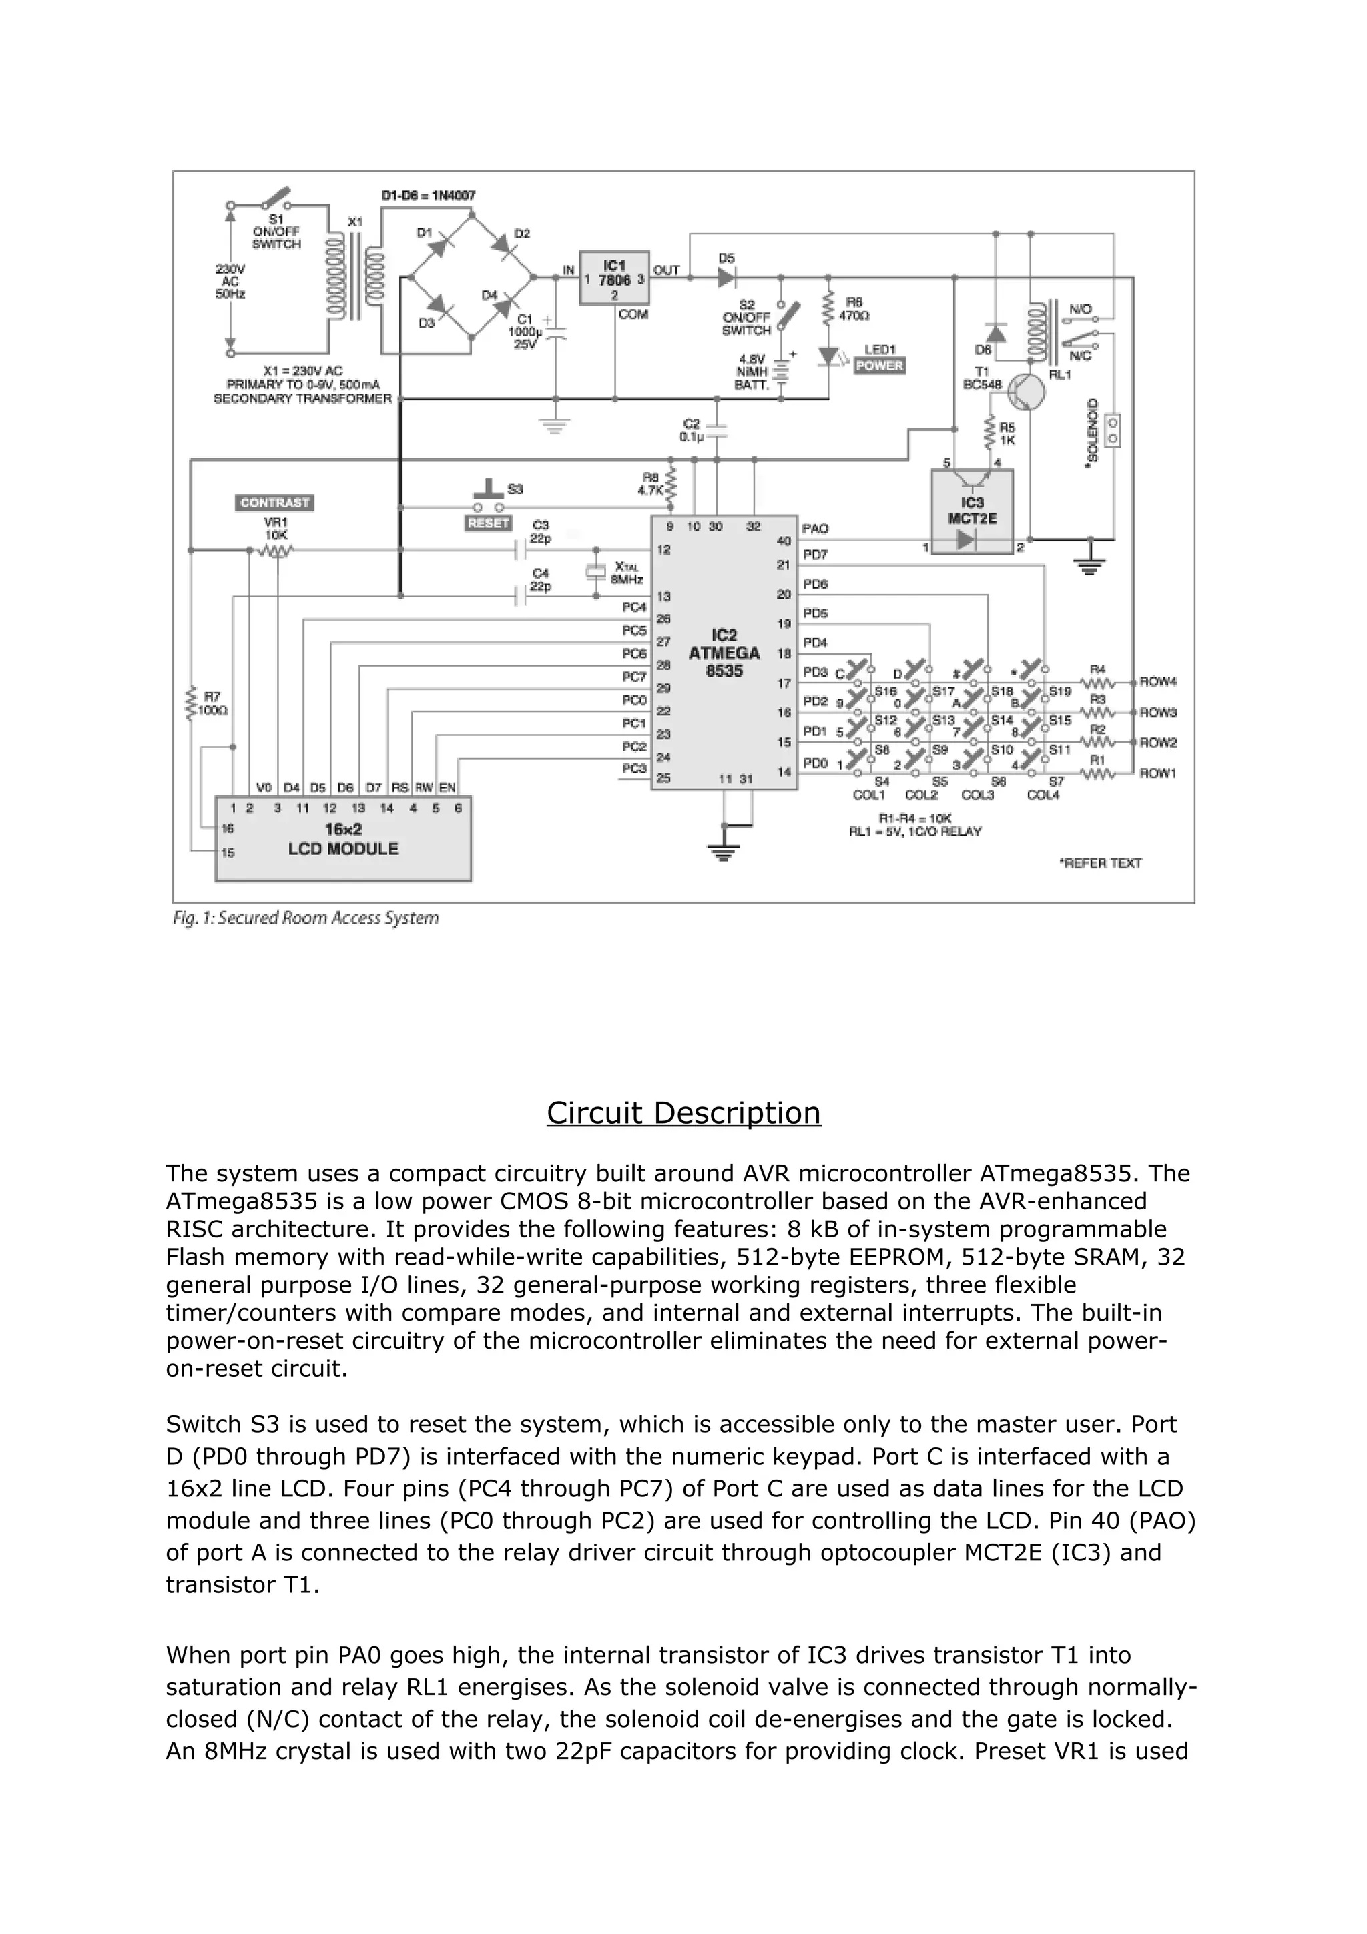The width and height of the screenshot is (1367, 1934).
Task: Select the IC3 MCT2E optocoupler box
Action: coord(972,511)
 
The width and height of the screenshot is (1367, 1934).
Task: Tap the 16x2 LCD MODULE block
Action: coord(343,839)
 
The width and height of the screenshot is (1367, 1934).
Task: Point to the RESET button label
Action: coord(488,523)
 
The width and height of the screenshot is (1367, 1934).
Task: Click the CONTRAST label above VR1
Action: coord(274,503)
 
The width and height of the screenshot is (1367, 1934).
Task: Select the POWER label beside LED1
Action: coord(878,366)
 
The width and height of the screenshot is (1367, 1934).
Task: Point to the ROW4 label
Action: coord(1157,681)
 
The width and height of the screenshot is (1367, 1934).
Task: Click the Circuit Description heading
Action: coord(683,1112)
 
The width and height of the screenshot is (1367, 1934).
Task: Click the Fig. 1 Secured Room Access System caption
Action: coord(306,918)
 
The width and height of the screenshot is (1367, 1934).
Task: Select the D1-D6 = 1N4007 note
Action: coord(428,196)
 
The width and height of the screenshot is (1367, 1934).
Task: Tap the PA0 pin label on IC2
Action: coord(814,528)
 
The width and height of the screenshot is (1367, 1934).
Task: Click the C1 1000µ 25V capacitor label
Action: coord(525,332)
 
